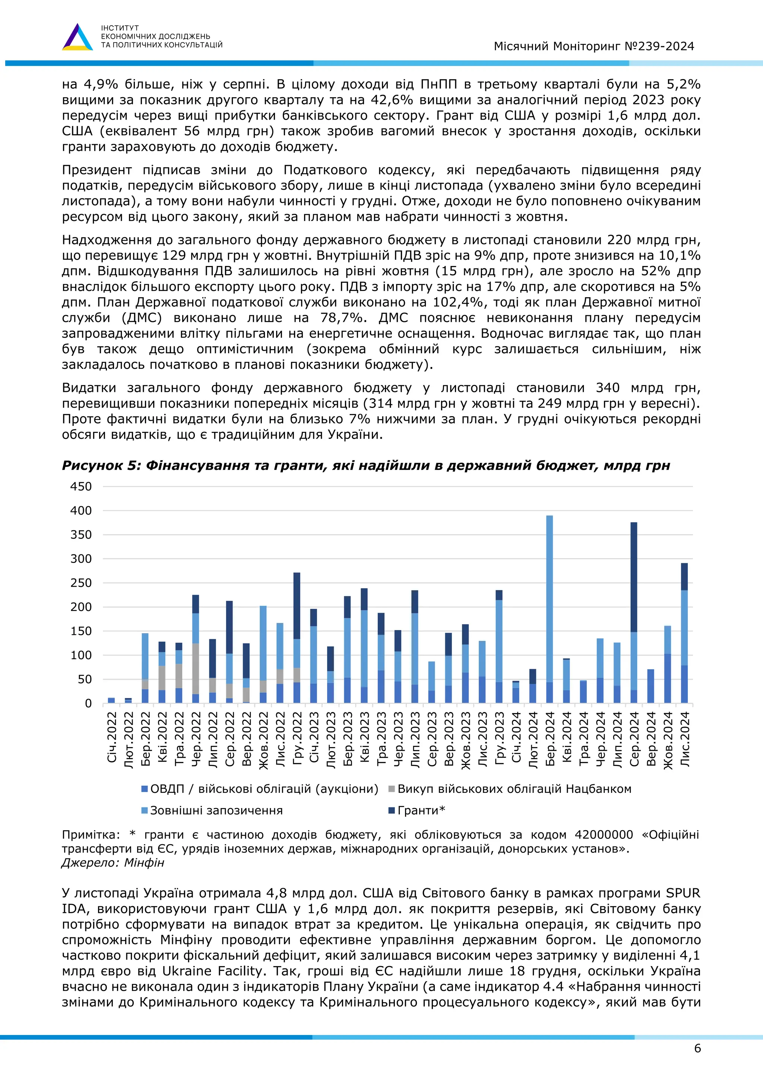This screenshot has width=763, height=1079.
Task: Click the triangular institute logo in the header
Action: point(77,37)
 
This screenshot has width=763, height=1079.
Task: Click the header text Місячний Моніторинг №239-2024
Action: point(594,46)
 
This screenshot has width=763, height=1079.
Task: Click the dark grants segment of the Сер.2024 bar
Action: point(634,577)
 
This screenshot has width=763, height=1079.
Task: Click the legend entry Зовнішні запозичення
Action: point(216,810)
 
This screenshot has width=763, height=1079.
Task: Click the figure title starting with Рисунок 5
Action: point(365,465)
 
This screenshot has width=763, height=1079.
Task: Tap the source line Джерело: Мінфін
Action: point(113,863)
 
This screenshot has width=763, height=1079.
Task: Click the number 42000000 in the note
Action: point(604,835)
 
